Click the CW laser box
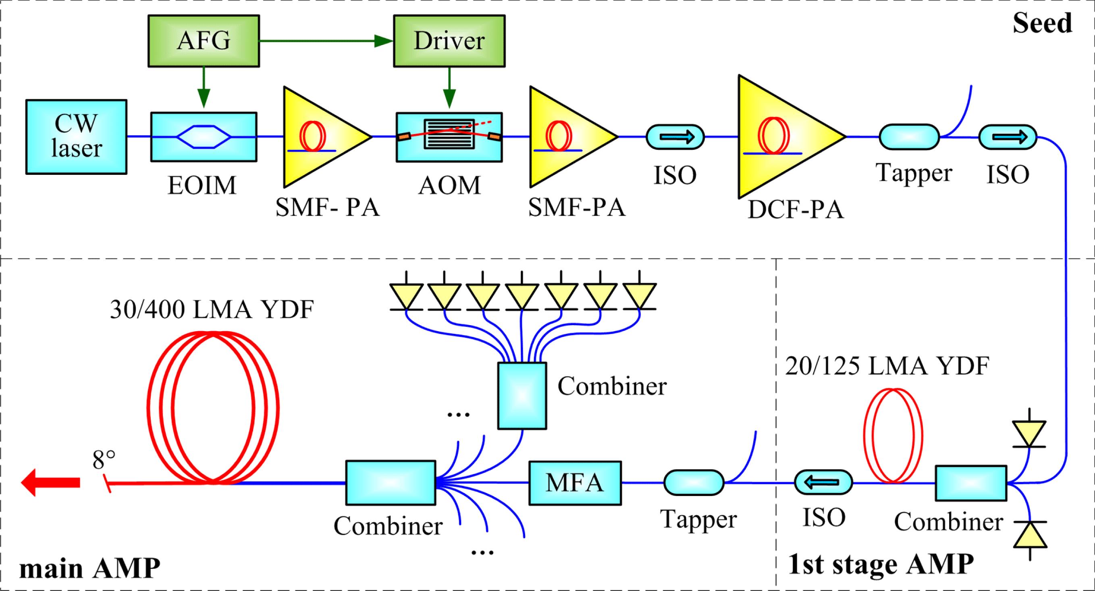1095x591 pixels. tap(76, 137)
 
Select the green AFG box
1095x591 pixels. tap(204, 41)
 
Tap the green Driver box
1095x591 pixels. tap(449, 41)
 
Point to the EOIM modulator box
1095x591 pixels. tap(204, 137)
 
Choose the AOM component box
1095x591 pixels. tap(449, 137)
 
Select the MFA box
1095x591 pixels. tap(575, 483)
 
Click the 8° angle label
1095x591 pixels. tap(104, 459)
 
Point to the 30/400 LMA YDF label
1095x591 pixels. tap(212, 310)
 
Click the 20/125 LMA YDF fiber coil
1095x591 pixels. tap(893, 435)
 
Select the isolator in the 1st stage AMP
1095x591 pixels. tap(823, 482)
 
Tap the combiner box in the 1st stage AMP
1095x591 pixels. tap(971, 483)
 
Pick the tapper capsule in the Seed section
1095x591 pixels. tap(909, 137)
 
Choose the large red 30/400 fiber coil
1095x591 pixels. tap(212, 408)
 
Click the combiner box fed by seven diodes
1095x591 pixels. tap(522, 396)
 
